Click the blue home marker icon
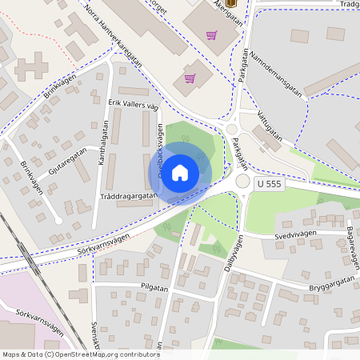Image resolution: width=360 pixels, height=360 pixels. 180,172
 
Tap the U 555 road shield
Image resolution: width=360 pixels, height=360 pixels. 270,184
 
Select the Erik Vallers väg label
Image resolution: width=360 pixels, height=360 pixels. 134,105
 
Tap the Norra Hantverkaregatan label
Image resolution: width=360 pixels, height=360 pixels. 112,34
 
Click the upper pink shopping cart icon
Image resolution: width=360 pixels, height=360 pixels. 211,35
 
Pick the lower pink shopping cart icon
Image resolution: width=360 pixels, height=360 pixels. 190,78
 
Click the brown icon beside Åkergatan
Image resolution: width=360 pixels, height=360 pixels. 232,3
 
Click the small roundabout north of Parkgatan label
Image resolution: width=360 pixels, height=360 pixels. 233,130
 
